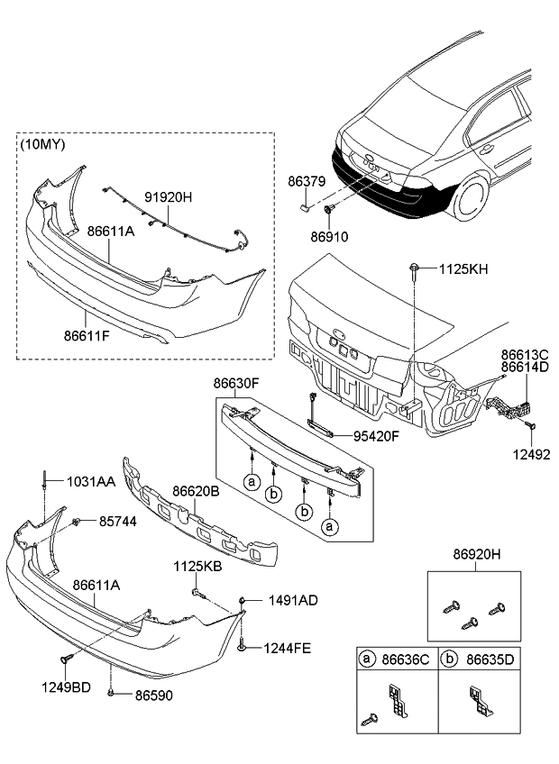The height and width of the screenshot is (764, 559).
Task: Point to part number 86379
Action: pyautogui.click(x=306, y=181)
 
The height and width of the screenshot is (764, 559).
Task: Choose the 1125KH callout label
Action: pyautogui.click(x=464, y=268)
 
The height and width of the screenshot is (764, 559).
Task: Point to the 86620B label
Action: pyautogui.click(x=196, y=493)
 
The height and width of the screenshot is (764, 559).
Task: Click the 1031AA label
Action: pyautogui.click(x=90, y=483)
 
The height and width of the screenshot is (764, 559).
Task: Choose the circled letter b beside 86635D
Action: pyautogui.click(x=449, y=659)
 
